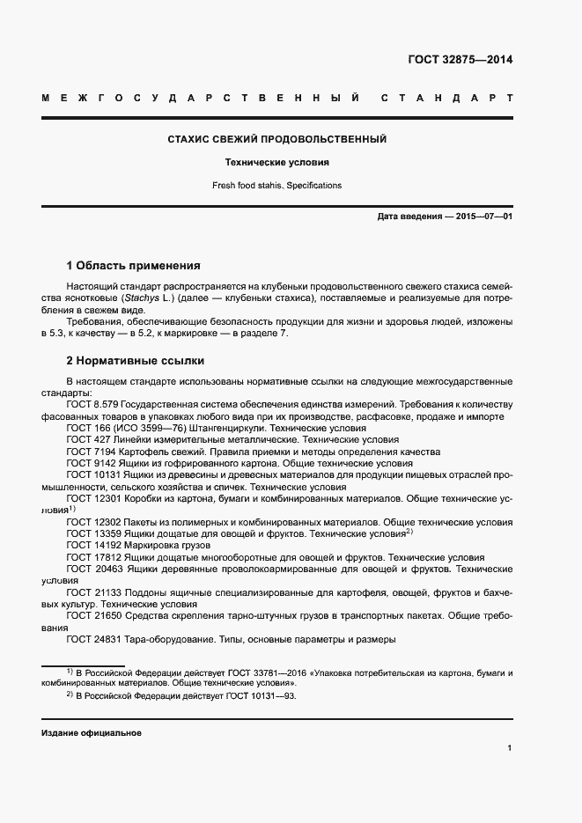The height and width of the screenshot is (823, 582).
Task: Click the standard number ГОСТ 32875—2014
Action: pyautogui.click(x=460, y=60)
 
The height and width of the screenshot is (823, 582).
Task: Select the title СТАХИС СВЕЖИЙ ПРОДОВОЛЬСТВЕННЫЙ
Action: pyautogui.click(x=277, y=139)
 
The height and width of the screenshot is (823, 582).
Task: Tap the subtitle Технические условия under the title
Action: pyautogui.click(x=277, y=163)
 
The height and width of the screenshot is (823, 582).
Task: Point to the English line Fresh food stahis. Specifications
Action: pyautogui.click(x=277, y=186)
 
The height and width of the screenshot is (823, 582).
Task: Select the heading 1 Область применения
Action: pyautogui.click(x=134, y=265)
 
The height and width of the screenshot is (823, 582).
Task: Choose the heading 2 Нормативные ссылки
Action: pyautogui.click(x=135, y=361)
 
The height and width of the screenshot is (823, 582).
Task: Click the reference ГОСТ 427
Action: pyautogui.click(x=87, y=438)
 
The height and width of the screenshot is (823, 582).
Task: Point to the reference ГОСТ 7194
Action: pyautogui.click(x=90, y=451)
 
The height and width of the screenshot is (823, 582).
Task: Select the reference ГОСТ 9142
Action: pyautogui.click(x=90, y=462)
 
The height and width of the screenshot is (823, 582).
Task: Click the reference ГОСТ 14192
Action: pyautogui.click(x=92, y=546)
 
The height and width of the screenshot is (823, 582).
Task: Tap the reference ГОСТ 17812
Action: pyautogui.click(x=92, y=557)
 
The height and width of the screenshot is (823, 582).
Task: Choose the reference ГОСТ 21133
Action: pyautogui.click(x=92, y=593)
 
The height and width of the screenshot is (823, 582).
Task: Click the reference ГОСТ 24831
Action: pyautogui.click(x=92, y=640)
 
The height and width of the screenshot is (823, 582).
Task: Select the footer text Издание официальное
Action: pyautogui.click(x=92, y=733)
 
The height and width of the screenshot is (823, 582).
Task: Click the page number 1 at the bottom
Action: pyautogui.click(x=510, y=747)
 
